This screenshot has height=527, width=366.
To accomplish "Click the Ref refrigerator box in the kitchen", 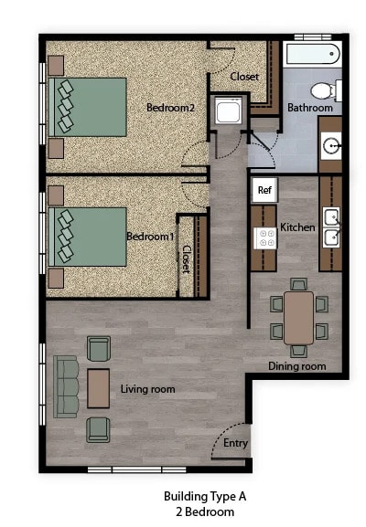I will (x=264, y=191).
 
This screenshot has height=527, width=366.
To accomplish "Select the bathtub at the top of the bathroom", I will (x=312, y=54).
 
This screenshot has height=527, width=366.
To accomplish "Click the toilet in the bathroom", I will (x=323, y=90).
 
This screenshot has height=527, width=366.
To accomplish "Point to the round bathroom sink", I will (x=330, y=145).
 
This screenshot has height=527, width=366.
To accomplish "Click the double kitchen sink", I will (x=330, y=227).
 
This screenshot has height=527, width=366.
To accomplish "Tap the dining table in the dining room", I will (x=298, y=317).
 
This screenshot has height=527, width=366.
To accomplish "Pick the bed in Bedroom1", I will (x=89, y=236).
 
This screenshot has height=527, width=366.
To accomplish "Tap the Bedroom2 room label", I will (x=171, y=108).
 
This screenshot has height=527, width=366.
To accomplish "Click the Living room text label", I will (x=147, y=390).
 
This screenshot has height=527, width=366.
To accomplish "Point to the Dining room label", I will (x=297, y=366).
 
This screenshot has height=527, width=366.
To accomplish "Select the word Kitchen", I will (x=297, y=227).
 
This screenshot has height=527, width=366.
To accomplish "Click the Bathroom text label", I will (x=310, y=108).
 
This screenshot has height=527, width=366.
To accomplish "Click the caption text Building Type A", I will (x=205, y=496).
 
